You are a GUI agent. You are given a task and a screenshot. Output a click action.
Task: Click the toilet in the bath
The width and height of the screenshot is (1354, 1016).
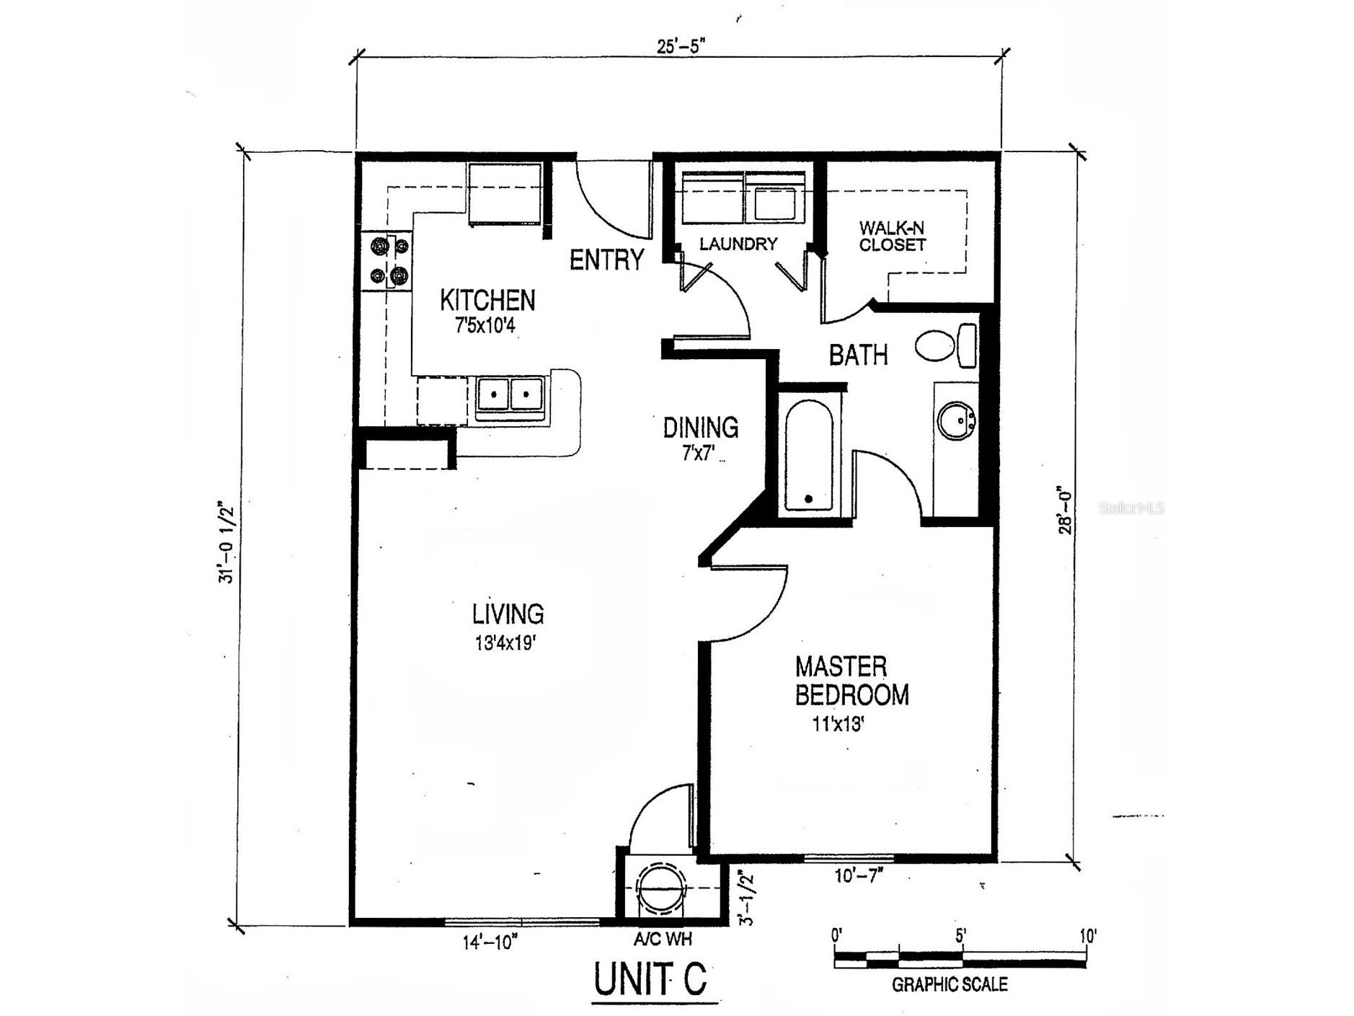coord(944,346)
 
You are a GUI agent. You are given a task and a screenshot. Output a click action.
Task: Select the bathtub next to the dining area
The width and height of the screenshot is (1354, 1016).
coord(808,456)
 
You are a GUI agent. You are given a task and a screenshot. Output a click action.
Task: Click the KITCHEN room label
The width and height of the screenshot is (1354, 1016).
coord(487,300)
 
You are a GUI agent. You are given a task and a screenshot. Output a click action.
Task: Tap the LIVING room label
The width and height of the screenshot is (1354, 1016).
coord(508,614)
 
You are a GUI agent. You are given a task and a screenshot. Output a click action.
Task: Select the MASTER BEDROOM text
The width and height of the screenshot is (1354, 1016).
coord(851,681)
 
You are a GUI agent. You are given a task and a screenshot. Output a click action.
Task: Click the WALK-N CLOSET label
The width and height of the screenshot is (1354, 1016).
coord(892,237)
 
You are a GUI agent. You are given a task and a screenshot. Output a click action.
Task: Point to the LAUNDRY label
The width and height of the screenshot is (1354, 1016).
coord(738,244)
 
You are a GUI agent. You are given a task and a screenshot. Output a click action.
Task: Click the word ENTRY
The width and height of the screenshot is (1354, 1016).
coord(606,260)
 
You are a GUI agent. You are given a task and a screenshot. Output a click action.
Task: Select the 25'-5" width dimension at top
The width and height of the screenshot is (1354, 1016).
coord(679,45)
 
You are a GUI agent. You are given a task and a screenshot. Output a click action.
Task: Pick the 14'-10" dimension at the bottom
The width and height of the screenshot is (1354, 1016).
coord(490,942)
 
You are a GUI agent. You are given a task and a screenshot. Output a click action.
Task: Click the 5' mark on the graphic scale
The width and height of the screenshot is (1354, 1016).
coord(961,937)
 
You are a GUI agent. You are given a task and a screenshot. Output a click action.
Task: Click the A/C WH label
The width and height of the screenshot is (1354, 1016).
coord(663,939)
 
